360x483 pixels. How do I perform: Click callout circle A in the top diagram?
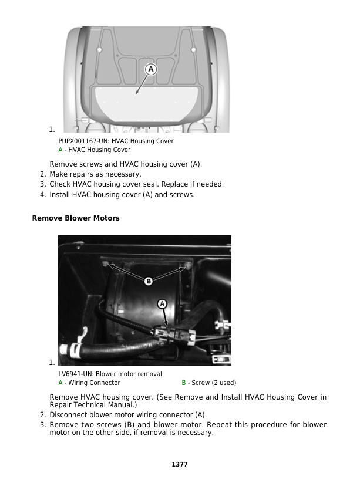point(150,69)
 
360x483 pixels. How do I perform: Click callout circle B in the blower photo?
point(149,281)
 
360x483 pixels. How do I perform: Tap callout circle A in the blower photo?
point(162,303)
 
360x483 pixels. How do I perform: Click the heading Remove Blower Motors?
point(76,218)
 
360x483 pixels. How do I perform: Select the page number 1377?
point(180,464)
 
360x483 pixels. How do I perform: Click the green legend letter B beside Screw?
point(183,383)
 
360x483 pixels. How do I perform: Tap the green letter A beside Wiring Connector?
point(60,383)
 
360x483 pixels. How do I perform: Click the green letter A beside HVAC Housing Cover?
point(60,150)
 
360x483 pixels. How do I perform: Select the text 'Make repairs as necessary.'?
point(95,174)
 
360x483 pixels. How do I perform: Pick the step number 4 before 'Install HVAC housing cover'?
point(43,194)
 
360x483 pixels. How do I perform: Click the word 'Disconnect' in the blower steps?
point(68,414)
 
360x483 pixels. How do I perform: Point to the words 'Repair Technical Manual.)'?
point(93,405)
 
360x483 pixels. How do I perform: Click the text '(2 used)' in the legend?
point(224,383)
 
